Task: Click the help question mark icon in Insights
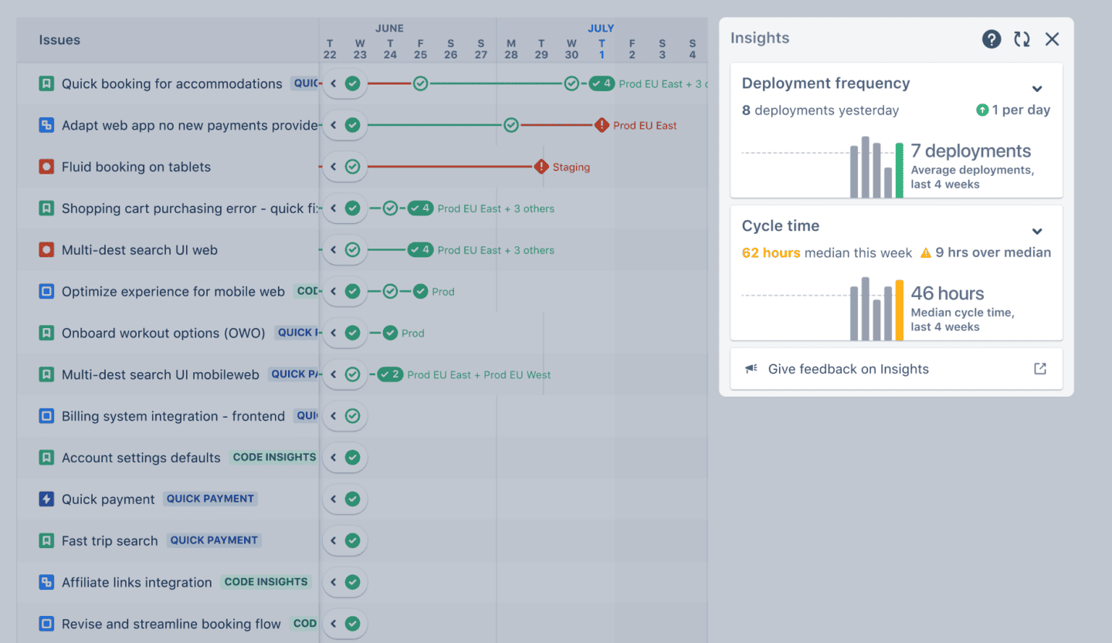992,39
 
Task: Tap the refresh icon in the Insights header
1022,39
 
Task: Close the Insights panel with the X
1052,39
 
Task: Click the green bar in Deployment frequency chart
900,170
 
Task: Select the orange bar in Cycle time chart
899,309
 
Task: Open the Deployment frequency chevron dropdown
1037,89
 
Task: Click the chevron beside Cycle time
1037,232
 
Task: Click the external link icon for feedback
1040,369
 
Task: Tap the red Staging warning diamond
541,167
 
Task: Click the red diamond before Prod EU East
602,125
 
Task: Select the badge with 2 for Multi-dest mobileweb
390,374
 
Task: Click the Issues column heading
59,40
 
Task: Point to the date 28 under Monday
511,55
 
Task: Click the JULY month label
601,29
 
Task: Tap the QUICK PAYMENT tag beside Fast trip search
214,540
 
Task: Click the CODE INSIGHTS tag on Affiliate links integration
266,582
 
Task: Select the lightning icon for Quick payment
46,499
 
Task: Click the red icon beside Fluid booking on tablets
46,167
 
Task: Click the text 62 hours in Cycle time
771,252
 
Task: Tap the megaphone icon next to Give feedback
751,369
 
